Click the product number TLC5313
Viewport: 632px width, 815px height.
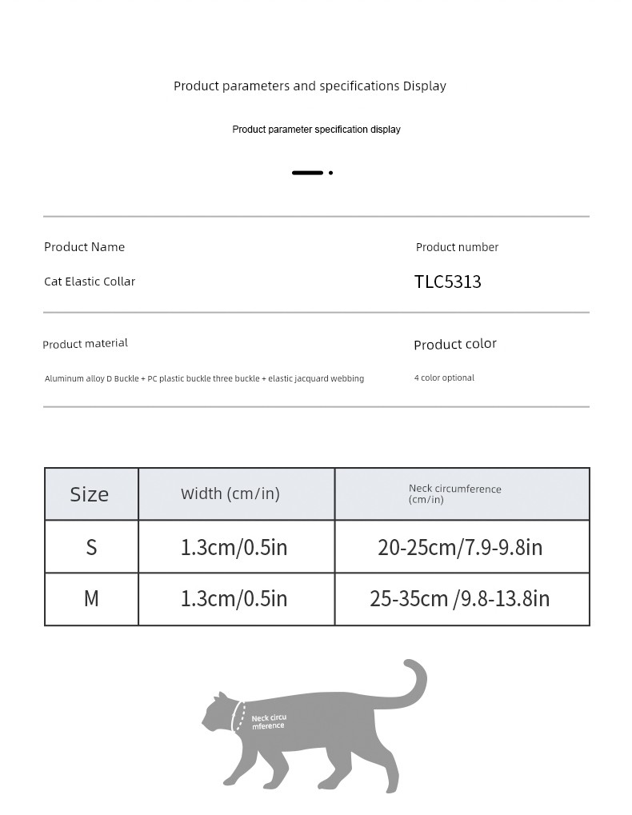[447, 282]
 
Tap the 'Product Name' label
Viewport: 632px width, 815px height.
[84, 247]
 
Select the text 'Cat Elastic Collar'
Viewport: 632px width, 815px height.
[90, 282]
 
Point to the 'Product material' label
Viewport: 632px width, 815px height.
[85, 343]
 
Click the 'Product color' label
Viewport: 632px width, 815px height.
[454, 344]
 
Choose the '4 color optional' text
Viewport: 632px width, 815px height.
[444, 378]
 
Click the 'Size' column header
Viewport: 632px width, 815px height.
[90, 494]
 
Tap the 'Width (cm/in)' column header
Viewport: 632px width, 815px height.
[230, 493]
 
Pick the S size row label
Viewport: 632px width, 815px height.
[91, 547]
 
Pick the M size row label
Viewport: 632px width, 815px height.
[91, 598]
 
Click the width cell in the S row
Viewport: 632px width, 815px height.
[234, 547]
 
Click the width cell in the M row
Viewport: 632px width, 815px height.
[234, 598]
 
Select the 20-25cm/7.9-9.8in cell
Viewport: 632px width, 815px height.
[460, 547]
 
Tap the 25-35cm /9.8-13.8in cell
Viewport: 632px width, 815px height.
[460, 598]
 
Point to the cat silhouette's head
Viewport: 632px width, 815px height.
[217, 712]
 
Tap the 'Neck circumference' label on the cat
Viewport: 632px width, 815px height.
[268, 722]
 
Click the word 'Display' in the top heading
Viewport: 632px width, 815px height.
[424, 86]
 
